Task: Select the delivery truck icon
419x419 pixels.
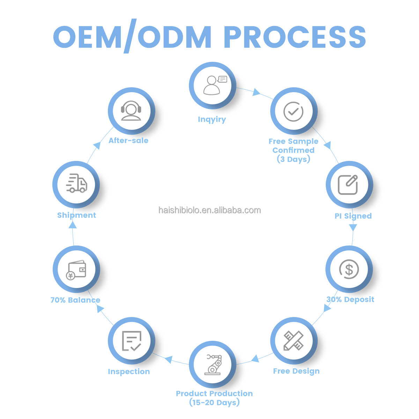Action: coord(76,184)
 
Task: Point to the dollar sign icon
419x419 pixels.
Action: coord(349,269)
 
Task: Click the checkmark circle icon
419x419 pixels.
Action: coord(293,111)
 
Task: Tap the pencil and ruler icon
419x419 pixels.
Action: coord(294,340)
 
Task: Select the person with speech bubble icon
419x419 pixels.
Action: coord(213,85)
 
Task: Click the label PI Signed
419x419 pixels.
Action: coord(353,216)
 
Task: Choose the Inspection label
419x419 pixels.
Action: coord(129,372)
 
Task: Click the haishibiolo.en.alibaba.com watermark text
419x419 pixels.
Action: coord(209,210)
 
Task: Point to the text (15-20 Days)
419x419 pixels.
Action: coord(214,403)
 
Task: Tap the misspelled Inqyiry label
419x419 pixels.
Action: coord(212,119)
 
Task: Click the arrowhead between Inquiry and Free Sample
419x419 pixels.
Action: coord(257,93)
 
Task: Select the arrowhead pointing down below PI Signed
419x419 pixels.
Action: coord(353,228)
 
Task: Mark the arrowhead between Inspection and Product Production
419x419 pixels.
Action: coord(169,359)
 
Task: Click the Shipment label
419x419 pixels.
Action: coord(76,215)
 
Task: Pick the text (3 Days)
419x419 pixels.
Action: coord(293,159)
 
